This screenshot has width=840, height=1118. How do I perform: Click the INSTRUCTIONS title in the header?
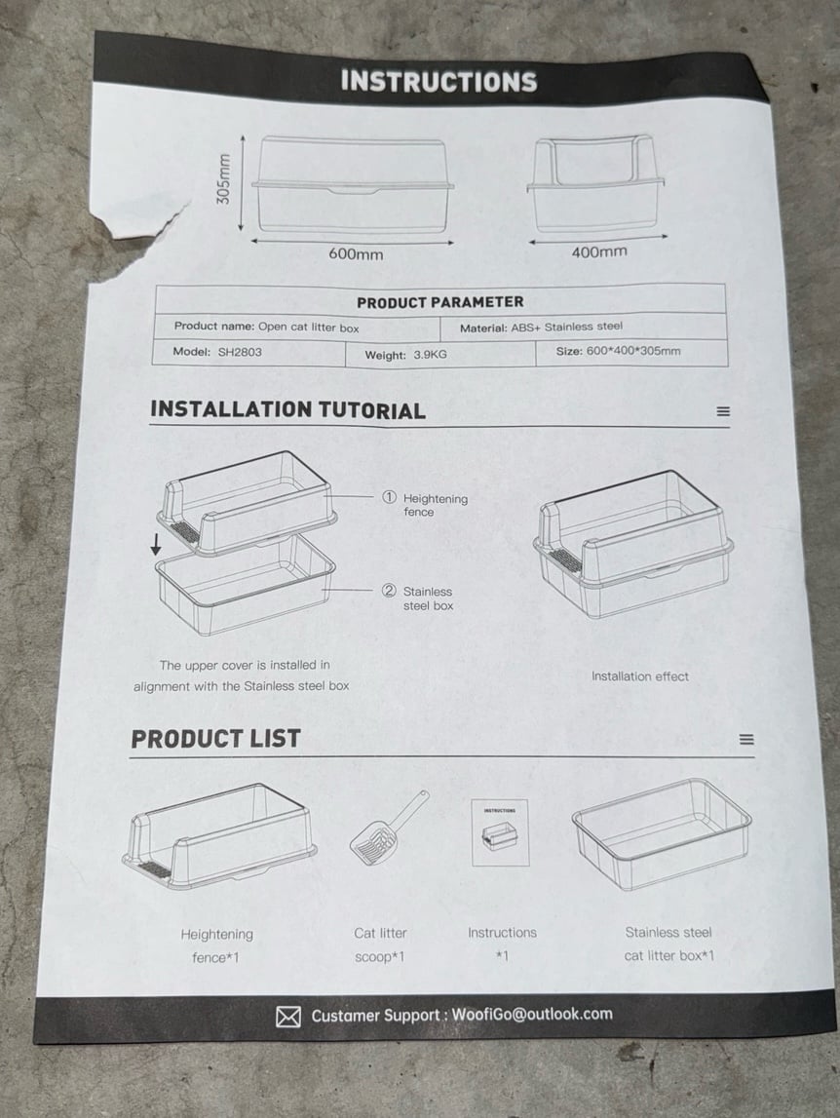[439, 81]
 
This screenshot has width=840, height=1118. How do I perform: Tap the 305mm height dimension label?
[224, 179]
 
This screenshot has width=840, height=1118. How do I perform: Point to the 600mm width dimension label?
[356, 253]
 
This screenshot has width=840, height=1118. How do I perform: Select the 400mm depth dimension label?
[599, 251]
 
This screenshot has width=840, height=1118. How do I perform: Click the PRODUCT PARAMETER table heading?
[439, 302]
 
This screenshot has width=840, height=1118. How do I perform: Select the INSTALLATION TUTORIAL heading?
[287, 410]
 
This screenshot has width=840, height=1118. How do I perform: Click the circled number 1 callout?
[390, 497]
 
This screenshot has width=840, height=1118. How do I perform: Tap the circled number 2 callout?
[390, 591]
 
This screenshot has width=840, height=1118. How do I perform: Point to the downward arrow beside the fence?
[156, 546]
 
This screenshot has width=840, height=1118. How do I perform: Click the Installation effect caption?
[639, 675]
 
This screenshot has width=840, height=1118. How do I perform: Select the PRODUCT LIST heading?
[215, 739]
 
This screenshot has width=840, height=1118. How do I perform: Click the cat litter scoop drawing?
[390, 828]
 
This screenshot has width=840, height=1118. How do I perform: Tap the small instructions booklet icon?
[500, 832]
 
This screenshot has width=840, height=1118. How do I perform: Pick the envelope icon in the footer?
[288, 1017]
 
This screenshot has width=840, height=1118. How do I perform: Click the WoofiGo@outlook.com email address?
[532, 1014]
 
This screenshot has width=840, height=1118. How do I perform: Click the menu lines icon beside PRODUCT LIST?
[746, 740]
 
